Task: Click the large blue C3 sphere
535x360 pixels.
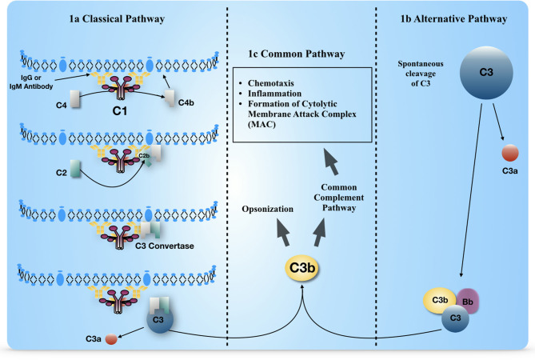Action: pos(486,73)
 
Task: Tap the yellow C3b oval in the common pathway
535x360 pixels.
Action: pos(302,268)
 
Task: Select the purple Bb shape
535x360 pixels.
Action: pos(468,301)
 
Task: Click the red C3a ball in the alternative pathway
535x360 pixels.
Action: pos(510,153)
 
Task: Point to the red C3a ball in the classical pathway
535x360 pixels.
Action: pos(111,339)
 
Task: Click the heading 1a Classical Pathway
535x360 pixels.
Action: pos(117,18)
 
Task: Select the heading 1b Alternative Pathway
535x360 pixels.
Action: pos(453,18)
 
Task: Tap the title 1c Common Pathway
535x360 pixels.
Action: pos(296,54)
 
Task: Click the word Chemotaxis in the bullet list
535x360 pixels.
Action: pos(270,83)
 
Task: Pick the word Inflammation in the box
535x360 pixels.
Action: pos(274,94)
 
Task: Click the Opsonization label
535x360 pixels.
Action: pos(267,209)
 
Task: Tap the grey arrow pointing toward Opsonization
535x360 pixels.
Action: pos(283,232)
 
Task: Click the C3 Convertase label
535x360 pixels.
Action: pos(165,246)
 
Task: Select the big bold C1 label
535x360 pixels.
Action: pos(120,111)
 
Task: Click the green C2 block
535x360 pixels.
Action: pos(75,169)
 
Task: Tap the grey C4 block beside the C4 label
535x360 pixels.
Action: pos(75,99)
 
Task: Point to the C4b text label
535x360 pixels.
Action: pos(186,102)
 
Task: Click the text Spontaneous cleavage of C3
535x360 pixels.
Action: pos(421,74)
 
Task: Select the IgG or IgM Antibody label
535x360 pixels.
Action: pos(31,82)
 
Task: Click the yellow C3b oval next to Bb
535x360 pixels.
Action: pos(439,300)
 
